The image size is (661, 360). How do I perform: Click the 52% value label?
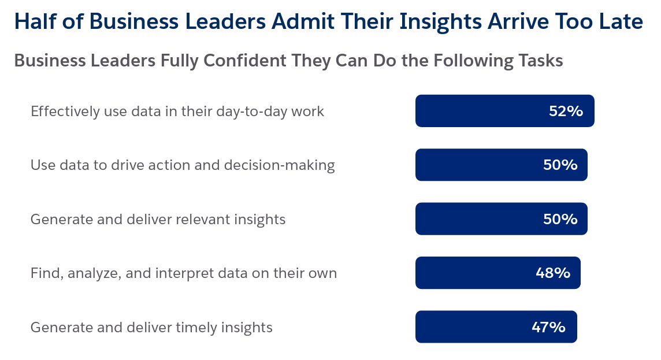click(x=566, y=111)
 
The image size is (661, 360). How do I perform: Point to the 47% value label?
click(x=548, y=327)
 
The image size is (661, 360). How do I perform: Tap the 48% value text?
click(x=553, y=273)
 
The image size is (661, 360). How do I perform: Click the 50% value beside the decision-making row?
click(x=560, y=165)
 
